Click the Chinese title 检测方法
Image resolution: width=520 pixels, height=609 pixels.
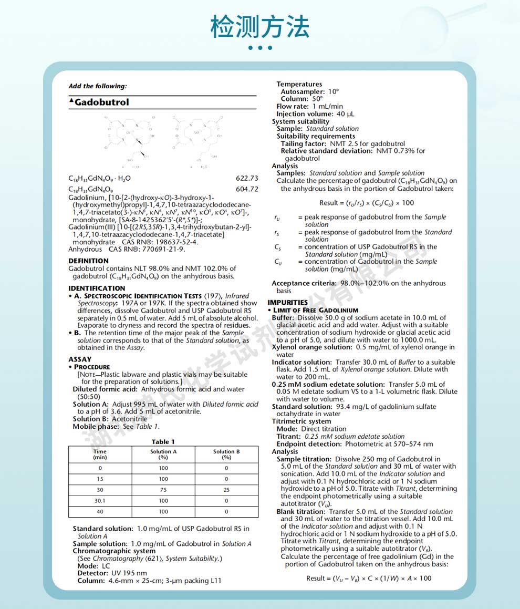tap(259, 26)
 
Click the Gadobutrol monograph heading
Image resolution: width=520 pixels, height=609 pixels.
tap(101, 102)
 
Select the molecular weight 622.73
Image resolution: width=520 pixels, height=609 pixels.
tap(247, 179)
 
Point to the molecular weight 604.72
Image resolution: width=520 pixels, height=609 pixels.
tap(247, 189)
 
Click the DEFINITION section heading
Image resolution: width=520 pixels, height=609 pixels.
tap(89, 261)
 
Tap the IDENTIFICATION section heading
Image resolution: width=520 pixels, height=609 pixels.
tap(97, 288)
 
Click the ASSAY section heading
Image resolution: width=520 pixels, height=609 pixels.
tap(80, 359)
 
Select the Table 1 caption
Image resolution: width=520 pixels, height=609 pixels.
tap(163, 442)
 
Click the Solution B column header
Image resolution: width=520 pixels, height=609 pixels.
tap(226, 454)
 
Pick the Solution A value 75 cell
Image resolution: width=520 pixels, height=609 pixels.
tap(163, 490)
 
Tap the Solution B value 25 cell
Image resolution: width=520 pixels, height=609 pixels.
tap(226, 490)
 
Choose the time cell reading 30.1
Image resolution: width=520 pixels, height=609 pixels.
tap(100, 501)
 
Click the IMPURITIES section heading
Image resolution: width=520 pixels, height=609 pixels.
tap(287, 303)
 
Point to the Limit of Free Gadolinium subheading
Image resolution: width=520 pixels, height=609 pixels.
tap(316, 310)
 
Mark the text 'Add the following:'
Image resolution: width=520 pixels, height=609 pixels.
tap(98, 86)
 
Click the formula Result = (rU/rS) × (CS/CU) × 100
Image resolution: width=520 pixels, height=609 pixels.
tap(366, 203)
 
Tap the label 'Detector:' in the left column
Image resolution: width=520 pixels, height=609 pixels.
tap(93, 573)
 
